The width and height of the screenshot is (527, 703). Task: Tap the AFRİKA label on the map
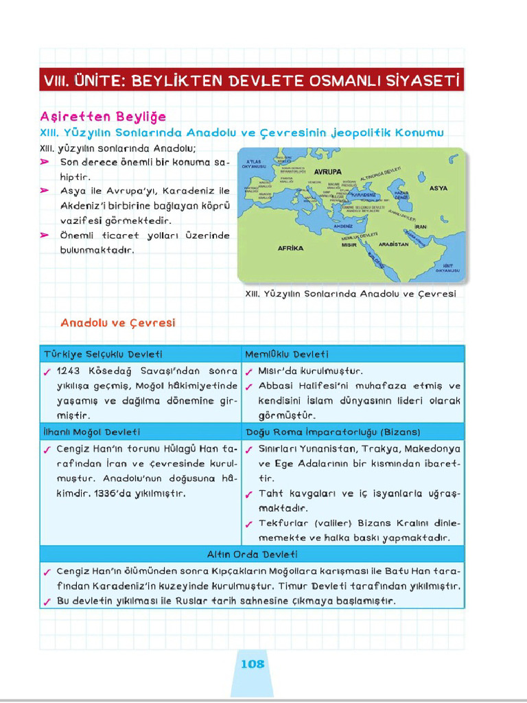(290, 248)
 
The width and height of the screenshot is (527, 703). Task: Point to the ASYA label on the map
(438, 188)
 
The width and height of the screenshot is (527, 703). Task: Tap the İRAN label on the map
(421, 226)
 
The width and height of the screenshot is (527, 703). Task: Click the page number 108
(253, 664)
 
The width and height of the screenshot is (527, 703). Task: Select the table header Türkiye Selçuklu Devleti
(103, 354)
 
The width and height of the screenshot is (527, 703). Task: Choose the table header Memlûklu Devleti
(287, 354)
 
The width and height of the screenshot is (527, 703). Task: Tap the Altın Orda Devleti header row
(252, 554)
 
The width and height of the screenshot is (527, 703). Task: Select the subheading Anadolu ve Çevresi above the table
(117, 322)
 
